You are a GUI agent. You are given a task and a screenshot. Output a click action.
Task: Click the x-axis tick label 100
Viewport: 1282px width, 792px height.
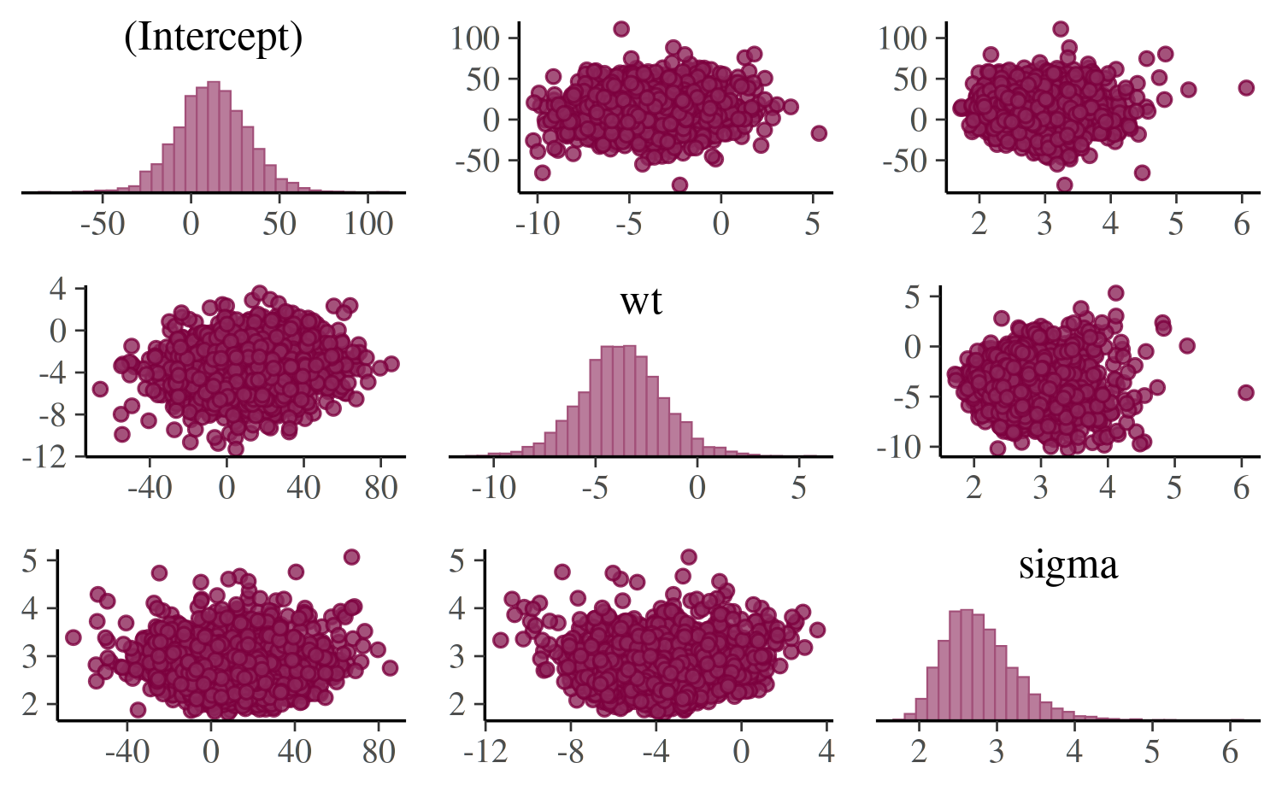pyautogui.click(x=368, y=224)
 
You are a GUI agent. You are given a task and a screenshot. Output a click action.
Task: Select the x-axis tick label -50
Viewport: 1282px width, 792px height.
pyautogui.click(x=102, y=224)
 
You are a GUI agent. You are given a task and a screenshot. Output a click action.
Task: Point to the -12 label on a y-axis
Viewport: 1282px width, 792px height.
pyautogui.click(x=44, y=457)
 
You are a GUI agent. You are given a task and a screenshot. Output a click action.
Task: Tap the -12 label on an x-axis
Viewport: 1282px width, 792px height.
pyautogui.click(x=485, y=752)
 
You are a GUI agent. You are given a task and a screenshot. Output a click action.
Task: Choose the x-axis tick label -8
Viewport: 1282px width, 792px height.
pyautogui.click(x=570, y=752)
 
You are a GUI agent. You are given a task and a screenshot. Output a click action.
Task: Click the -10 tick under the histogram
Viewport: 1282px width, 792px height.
pyautogui.click(x=493, y=488)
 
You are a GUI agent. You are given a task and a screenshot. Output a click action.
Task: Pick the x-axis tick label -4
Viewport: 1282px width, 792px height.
pyautogui.click(x=656, y=752)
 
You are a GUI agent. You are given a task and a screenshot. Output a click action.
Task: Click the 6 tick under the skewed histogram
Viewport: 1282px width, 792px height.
pyautogui.click(x=1230, y=752)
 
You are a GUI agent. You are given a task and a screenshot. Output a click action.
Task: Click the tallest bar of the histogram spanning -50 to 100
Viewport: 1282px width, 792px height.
pyautogui.click(x=214, y=136)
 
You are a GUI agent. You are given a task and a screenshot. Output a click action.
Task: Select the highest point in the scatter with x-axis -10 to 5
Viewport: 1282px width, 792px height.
pyautogui.click(x=621, y=29)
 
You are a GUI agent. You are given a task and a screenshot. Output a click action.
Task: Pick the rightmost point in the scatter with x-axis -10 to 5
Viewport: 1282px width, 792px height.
pyautogui.click(x=819, y=133)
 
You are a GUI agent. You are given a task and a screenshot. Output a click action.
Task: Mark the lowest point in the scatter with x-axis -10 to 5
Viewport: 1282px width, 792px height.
pyautogui.click(x=679, y=185)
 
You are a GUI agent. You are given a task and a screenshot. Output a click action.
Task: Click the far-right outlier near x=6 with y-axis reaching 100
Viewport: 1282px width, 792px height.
pyautogui.click(x=1246, y=88)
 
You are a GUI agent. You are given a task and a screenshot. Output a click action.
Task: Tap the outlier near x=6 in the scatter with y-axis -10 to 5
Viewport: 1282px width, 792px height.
pyautogui.click(x=1246, y=393)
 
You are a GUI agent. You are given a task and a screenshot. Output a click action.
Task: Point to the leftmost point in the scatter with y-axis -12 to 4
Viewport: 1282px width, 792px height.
pyautogui.click(x=100, y=390)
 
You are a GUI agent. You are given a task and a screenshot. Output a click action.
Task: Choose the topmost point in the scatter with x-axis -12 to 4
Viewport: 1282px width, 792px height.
pyautogui.click(x=688, y=558)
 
